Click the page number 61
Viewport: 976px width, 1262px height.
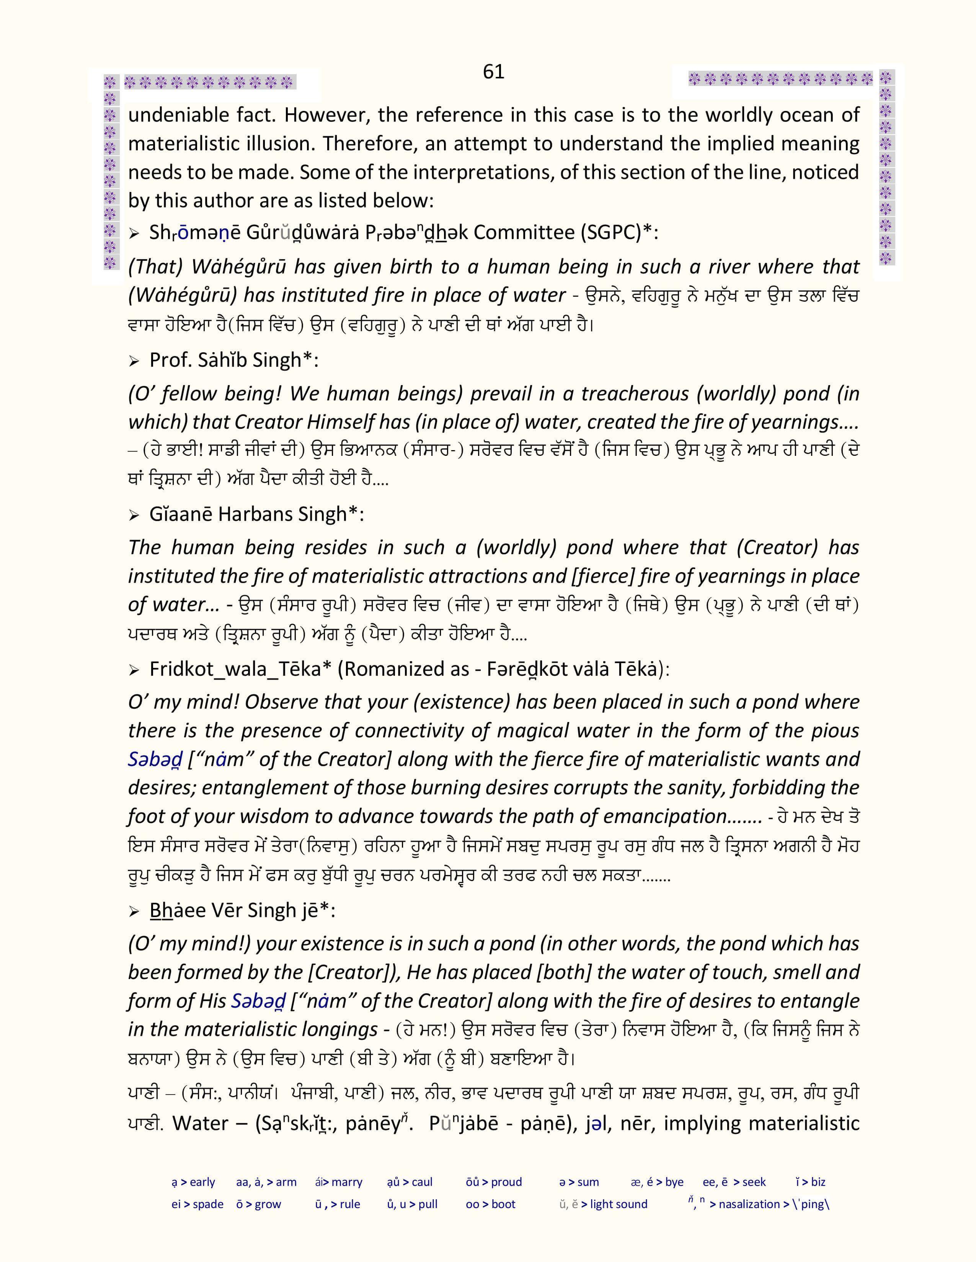click(x=493, y=72)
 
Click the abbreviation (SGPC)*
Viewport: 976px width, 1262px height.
click(x=620, y=232)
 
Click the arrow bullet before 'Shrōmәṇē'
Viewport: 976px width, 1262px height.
click(x=134, y=234)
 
